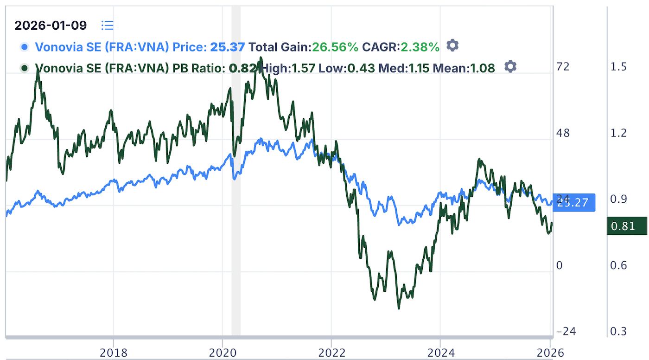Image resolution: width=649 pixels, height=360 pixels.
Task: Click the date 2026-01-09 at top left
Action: tap(51, 25)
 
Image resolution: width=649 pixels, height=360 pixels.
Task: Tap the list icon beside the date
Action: tap(108, 25)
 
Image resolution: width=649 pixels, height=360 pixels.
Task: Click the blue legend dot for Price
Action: tap(25, 47)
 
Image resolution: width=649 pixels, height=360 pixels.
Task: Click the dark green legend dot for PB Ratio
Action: tap(25, 68)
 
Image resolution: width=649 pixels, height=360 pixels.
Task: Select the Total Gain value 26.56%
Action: tap(335, 47)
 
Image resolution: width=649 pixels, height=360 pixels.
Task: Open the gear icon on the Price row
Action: tap(452, 45)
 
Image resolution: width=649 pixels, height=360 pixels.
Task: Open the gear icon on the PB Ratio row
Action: tap(510, 67)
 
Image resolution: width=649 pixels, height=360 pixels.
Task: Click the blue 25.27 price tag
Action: tap(573, 203)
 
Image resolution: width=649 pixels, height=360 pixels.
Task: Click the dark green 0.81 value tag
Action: tap(626, 227)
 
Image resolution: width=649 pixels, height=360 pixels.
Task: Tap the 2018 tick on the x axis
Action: tap(114, 353)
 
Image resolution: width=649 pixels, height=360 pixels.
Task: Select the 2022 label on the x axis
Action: tap(331, 353)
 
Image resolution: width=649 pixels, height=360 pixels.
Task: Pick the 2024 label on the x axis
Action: tap(440, 353)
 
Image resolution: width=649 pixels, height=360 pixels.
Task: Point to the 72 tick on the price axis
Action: tap(563, 67)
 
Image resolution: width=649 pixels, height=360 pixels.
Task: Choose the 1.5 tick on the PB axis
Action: tap(619, 67)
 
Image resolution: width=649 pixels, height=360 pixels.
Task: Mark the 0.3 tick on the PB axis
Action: tap(619, 332)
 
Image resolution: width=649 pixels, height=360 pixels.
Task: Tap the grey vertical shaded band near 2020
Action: tap(236, 186)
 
